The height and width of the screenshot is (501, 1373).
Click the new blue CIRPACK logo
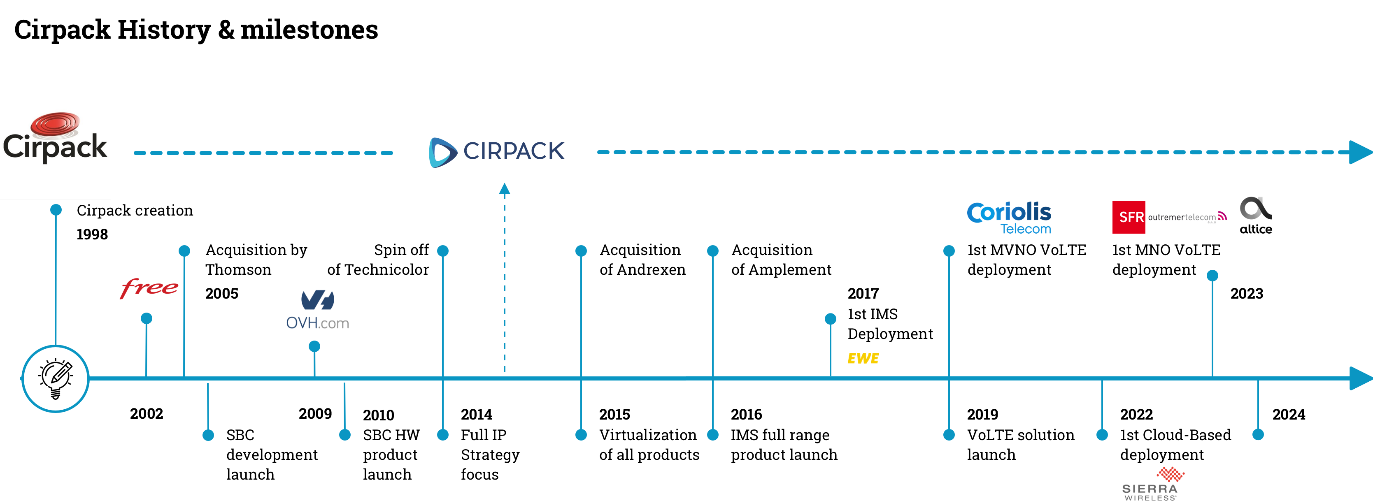coord(497,152)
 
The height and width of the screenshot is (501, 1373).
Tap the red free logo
coord(149,288)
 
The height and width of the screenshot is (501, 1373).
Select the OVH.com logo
coord(318,310)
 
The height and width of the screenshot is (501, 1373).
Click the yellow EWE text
coord(863,358)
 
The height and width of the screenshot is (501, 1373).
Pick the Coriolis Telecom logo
coord(1009,218)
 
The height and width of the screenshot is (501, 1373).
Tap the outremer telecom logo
coord(1187,217)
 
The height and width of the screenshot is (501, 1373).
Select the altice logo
coord(1256,215)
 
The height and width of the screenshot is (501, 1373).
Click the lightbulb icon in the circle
coord(56,378)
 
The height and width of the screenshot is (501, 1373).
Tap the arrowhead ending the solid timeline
coord(1360,378)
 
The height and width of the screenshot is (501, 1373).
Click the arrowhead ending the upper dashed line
coord(1360,152)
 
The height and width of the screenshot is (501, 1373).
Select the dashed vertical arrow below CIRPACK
coord(504,277)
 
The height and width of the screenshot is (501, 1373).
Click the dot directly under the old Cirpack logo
coord(56,210)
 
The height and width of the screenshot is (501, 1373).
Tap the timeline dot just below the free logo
coord(147,318)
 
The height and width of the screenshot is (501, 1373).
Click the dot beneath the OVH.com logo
coord(314,347)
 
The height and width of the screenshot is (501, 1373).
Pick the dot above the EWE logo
coord(831,319)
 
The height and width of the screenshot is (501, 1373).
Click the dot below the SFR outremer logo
coord(1212,276)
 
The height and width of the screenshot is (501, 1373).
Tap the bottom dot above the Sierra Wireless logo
coord(1102,435)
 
